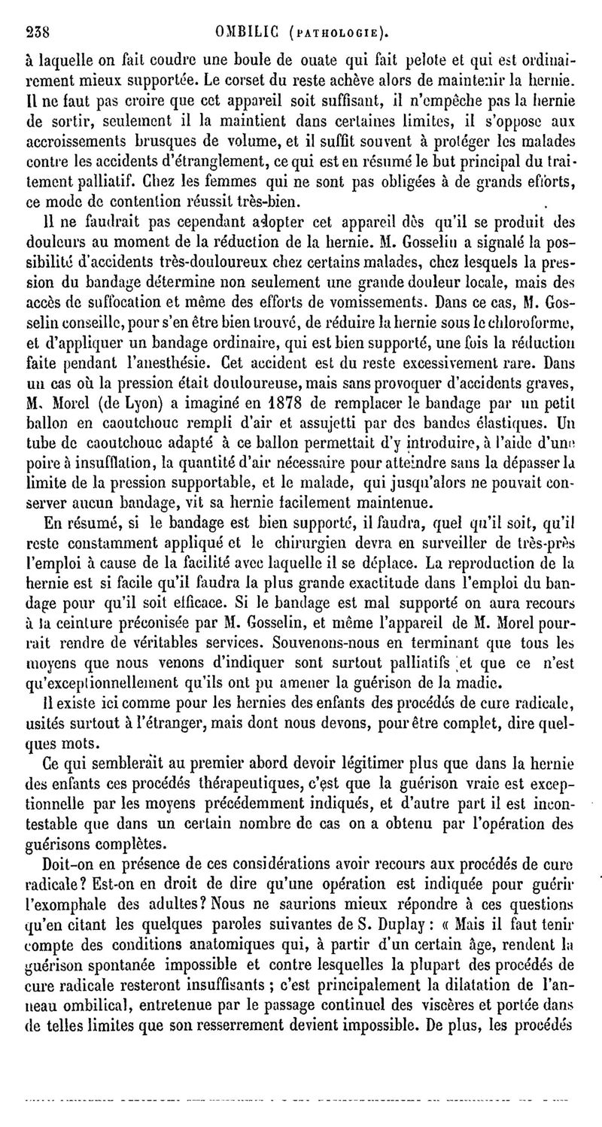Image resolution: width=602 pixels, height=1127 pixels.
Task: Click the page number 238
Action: [37, 32]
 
